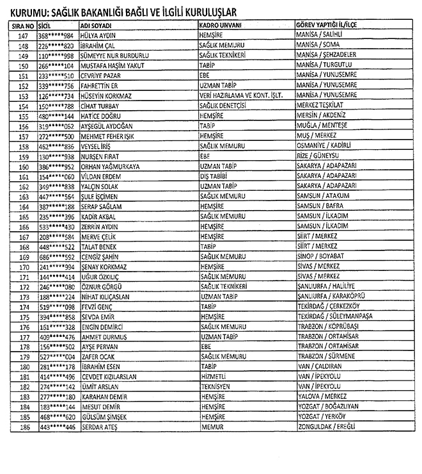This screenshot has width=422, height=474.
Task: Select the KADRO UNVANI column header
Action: pos(223,25)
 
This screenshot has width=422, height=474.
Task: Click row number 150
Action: pos(24,66)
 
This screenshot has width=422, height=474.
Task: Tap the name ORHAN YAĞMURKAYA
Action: pos(110,167)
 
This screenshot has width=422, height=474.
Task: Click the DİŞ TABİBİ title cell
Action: pos(215,176)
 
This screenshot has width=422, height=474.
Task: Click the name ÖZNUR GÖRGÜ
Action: pos(103,287)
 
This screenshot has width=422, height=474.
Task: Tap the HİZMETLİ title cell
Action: pos(214,377)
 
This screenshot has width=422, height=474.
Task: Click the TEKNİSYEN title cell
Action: pos(217,387)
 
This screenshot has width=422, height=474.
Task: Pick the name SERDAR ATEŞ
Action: pos(102,427)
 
